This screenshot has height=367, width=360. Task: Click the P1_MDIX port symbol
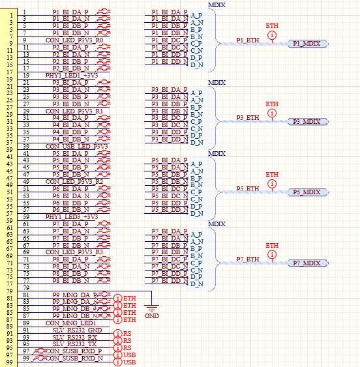[x=307, y=43]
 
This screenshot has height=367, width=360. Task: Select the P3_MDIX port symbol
[x=307, y=122]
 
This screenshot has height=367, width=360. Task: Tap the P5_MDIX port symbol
[x=307, y=192]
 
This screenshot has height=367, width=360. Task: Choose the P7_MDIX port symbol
[x=307, y=263]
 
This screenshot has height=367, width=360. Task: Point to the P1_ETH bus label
[x=248, y=40]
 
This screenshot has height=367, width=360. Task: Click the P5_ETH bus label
[x=248, y=189]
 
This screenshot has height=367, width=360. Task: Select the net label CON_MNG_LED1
[x=70, y=323]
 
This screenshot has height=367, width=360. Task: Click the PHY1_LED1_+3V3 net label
[x=72, y=76]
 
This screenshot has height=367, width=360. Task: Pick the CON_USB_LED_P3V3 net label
[x=74, y=146]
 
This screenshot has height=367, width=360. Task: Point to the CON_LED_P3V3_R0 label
[x=74, y=40]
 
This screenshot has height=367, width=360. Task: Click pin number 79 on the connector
[x=25, y=287]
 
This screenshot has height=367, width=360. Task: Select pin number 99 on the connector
[x=25, y=359]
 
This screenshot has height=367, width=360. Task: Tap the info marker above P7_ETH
[x=272, y=254]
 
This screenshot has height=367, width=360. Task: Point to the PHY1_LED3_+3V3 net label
[x=72, y=217]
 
